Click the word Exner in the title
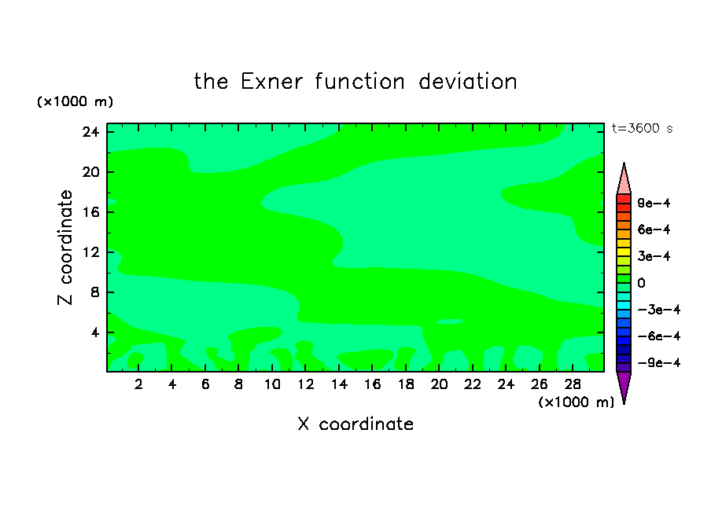(x=271, y=82)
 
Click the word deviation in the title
(x=467, y=82)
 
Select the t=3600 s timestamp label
(x=642, y=128)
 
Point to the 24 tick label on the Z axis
(x=90, y=132)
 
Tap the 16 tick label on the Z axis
(x=90, y=212)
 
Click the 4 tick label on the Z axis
(x=94, y=332)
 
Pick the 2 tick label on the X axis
(x=138, y=384)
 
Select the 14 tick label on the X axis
(x=339, y=384)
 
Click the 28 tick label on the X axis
(x=573, y=384)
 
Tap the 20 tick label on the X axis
(x=439, y=384)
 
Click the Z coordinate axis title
(x=64, y=248)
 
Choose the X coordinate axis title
(x=355, y=424)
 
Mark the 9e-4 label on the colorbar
(x=654, y=203)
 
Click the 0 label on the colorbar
(x=641, y=283)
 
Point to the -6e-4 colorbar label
(x=659, y=336)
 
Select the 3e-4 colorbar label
(x=654, y=256)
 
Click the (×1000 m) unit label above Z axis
(x=75, y=101)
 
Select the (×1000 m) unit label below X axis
(x=576, y=402)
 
